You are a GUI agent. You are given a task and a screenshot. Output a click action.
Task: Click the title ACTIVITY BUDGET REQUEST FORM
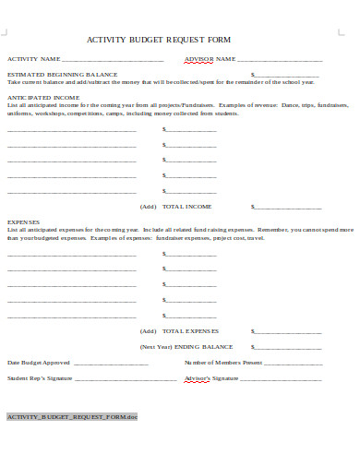click(158, 40)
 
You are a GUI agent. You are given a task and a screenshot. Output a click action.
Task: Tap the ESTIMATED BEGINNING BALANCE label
click(63, 74)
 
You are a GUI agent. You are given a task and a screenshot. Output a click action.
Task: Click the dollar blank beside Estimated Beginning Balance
click(287, 75)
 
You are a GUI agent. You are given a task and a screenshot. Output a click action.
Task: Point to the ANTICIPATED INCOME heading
click(43, 96)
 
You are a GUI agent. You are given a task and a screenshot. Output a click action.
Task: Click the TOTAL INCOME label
click(187, 206)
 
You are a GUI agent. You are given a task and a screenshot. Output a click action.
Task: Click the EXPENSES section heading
click(24, 221)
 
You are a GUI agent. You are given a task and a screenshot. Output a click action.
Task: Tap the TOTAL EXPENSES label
click(191, 330)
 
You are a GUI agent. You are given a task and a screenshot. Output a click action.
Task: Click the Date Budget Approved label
click(39, 362)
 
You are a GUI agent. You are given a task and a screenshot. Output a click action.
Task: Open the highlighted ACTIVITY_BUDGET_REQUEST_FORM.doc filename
click(72, 417)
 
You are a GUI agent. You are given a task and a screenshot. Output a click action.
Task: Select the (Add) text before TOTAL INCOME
click(149, 206)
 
